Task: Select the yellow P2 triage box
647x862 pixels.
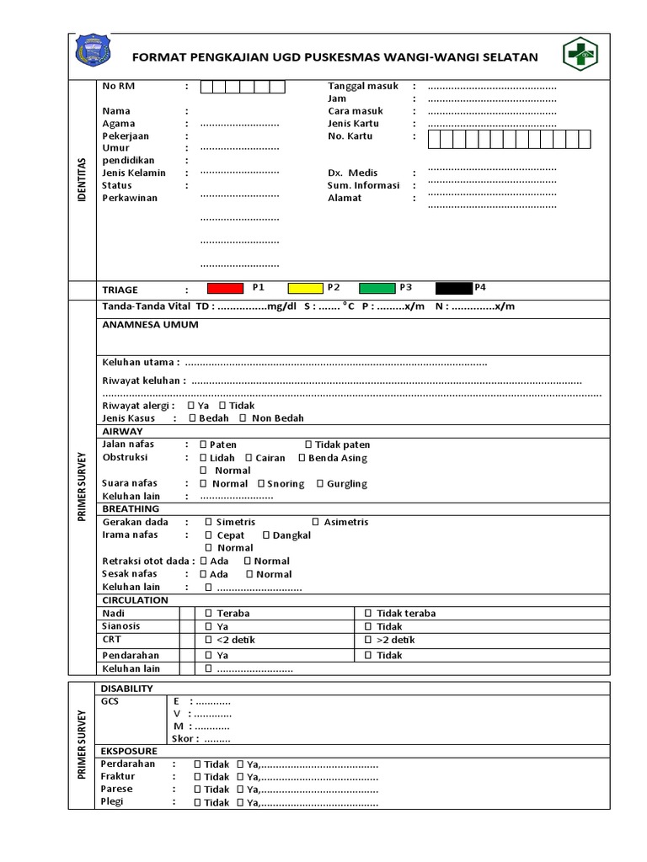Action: click(305, 288)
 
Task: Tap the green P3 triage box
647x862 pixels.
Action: click(377, 288)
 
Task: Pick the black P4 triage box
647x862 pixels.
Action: click(453, 288)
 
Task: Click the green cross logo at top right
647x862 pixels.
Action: click(580, 56)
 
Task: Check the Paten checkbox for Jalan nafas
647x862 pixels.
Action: click(203, 444)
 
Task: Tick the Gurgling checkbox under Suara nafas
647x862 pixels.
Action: click(320, 484)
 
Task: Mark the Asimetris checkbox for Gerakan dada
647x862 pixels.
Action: click(315, 522)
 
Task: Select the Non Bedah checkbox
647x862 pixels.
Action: click(243, 418)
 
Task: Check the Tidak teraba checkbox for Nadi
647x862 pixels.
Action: click(368, 614)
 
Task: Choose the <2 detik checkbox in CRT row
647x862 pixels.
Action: click(208, 640)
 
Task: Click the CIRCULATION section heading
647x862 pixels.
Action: click(135, 600)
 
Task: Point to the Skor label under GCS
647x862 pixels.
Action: click(185, 739)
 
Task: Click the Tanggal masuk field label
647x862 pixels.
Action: click(363, 86)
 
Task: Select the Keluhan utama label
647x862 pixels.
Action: click(140, 362)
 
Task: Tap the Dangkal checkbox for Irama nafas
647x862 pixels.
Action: click(265, 535)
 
